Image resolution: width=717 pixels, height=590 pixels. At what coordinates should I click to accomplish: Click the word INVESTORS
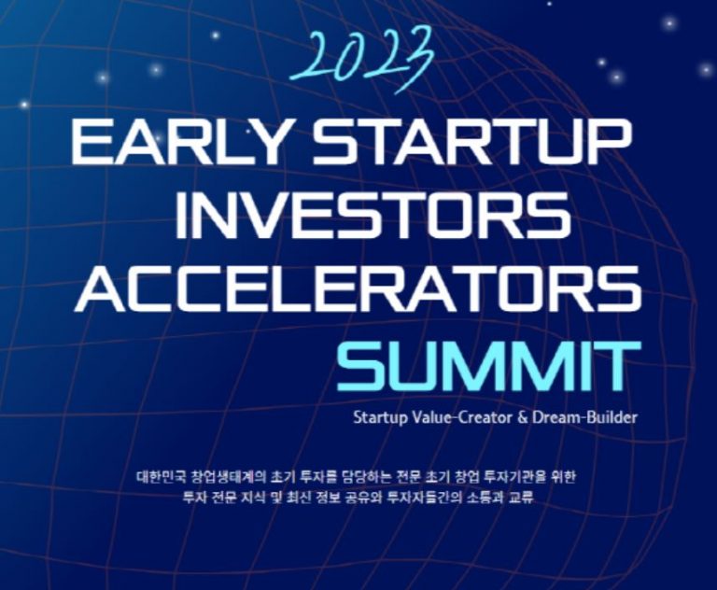(373, 215)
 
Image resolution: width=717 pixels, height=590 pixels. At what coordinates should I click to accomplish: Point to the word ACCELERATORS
(358, 288)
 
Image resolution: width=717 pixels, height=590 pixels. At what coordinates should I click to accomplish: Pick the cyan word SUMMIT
(488, 364)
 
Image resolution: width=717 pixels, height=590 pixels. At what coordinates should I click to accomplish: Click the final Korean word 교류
(520, 498)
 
